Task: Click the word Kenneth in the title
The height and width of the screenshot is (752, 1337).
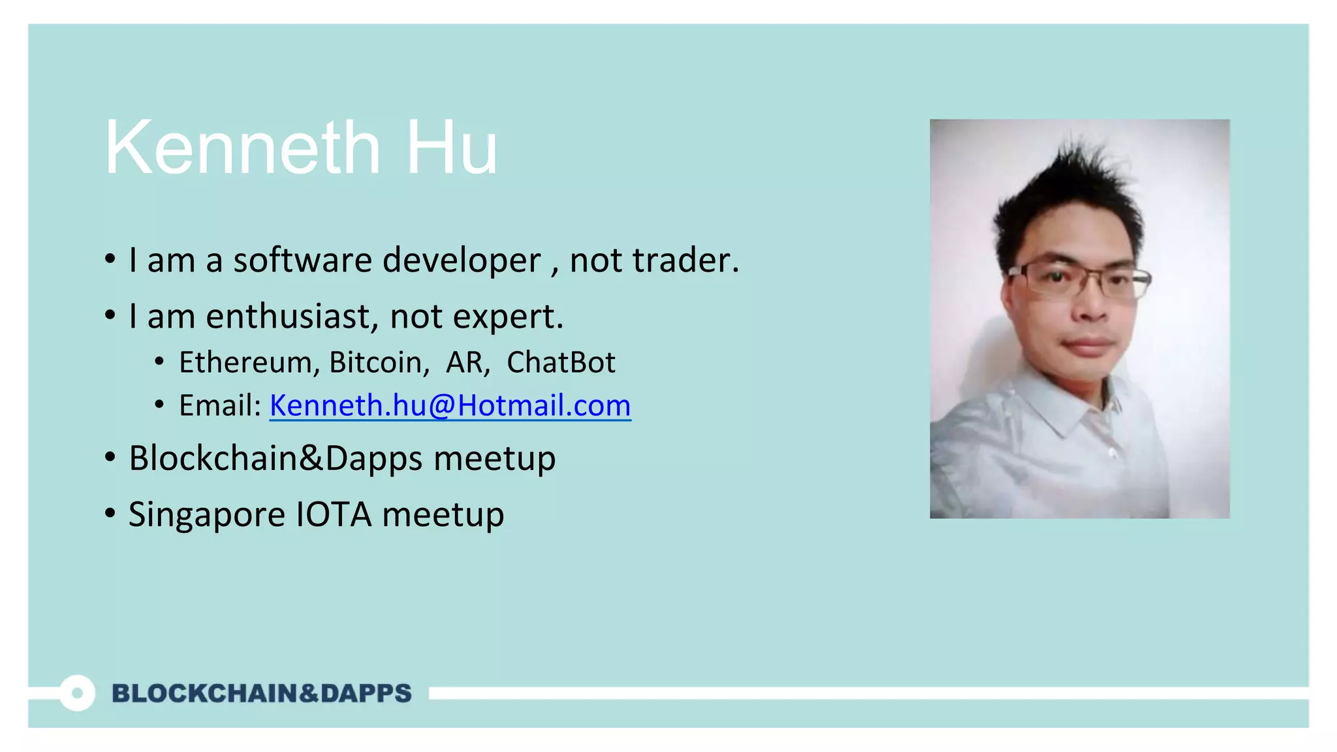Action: pyautogui.click(x=242, y=148)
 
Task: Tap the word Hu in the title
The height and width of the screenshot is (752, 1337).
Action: pyautogui.click(x=451, y=148)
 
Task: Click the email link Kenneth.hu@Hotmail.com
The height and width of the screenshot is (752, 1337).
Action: pyautogui.click(x=450, y=405)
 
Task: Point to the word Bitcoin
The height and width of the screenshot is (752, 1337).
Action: pyautogui.click(x=379, y=362)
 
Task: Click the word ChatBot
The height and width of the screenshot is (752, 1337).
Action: pyautogui.click(x=561, y=362)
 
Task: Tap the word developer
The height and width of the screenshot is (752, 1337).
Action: pyautogui.click(x=462, y=261)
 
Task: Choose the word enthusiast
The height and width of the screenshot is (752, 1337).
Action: pyautogui.click(x=289, y=317)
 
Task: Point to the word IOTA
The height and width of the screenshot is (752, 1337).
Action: pyautogui.click(x=334, y=514)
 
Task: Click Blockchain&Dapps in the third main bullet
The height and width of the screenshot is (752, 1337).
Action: pyautogui.click(x=275, y=458)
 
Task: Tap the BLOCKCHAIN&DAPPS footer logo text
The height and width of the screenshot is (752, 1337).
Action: pyautogui.click(x=262, y=693)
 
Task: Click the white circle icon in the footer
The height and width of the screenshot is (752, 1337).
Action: pyautogui.click(x=78, y=693)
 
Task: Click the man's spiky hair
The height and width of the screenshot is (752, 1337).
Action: pyautogui.click(x=1071, y=189)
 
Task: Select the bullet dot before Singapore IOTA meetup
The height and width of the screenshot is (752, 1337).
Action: pyautogui.click(x=110, y=513)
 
